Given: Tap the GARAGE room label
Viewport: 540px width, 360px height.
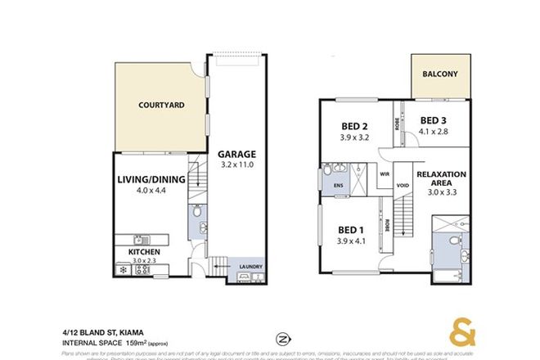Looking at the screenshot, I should click(x=237, y=153).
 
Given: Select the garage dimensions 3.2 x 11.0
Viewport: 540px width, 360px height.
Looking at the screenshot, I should click(x=237, y=164).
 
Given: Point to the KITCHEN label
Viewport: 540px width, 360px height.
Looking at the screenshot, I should click(x=142, y=251).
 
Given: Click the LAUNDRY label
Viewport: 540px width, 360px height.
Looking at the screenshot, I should click(x=251, y=266).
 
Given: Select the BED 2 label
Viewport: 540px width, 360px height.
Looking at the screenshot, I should click(x=353, y=126).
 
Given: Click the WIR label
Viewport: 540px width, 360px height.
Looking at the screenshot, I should click(x=384, y=174).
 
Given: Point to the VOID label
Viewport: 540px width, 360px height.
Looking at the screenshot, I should click(x=402, y=185).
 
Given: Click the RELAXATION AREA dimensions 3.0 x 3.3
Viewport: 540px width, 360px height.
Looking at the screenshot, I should click(x=441, y=196).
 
